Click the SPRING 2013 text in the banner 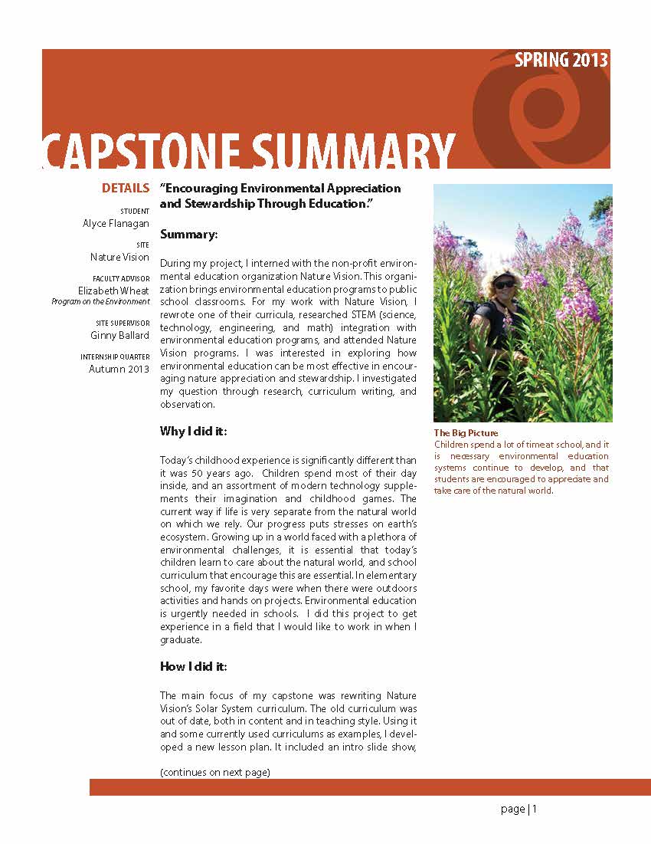pos(561,61)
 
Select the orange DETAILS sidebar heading pos(126,189)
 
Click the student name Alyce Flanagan pos(116,223)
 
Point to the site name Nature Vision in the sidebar pos(119,258)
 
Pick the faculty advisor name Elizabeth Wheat pos(113,291)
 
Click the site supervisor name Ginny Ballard pos(119,335)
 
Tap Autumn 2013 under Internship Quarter pos(119,369)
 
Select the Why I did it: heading pos(194,432)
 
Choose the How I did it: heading pos(194,666)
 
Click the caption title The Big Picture pos(466,433)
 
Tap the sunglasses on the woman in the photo pos(504,284)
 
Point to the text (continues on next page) pos(215,772)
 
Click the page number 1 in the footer pos(535,809)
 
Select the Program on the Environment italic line pos(100,302)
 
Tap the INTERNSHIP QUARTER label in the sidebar pos(115,357)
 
